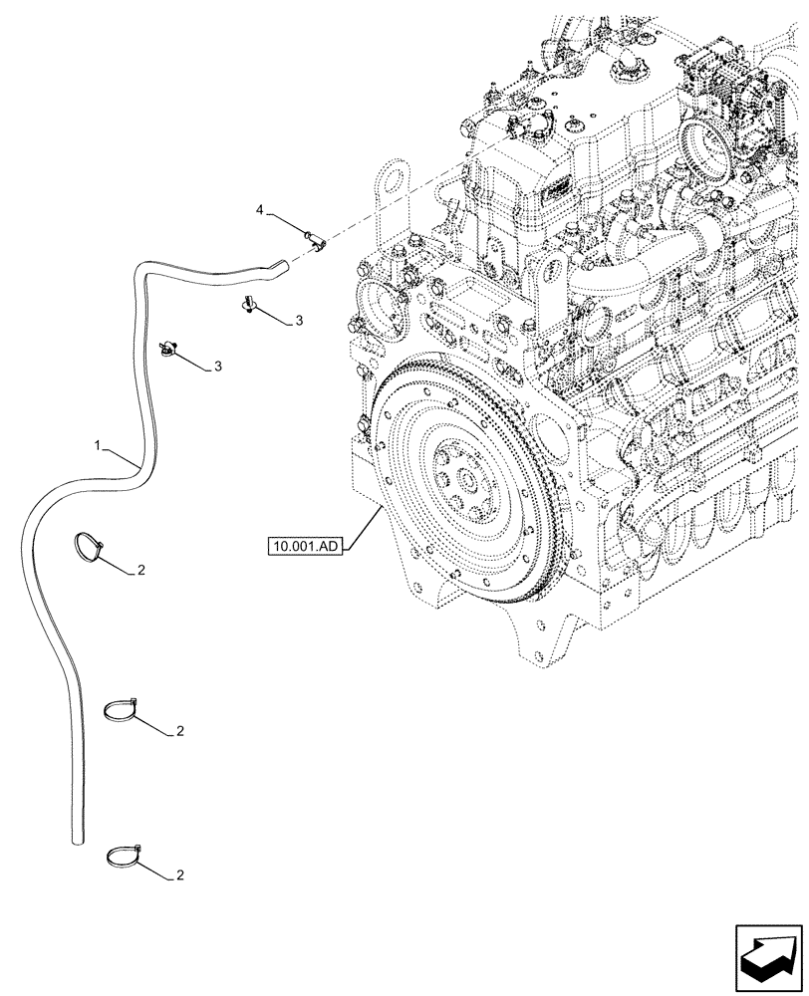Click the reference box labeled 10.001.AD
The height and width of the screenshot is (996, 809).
304,546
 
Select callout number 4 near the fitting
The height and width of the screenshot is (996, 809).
260,210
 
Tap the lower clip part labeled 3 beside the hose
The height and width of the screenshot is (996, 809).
171,347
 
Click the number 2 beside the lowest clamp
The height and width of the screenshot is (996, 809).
179,875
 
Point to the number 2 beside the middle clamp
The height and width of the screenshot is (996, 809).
179,731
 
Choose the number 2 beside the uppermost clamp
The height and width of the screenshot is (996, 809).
141,571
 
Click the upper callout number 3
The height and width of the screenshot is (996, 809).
298,321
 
